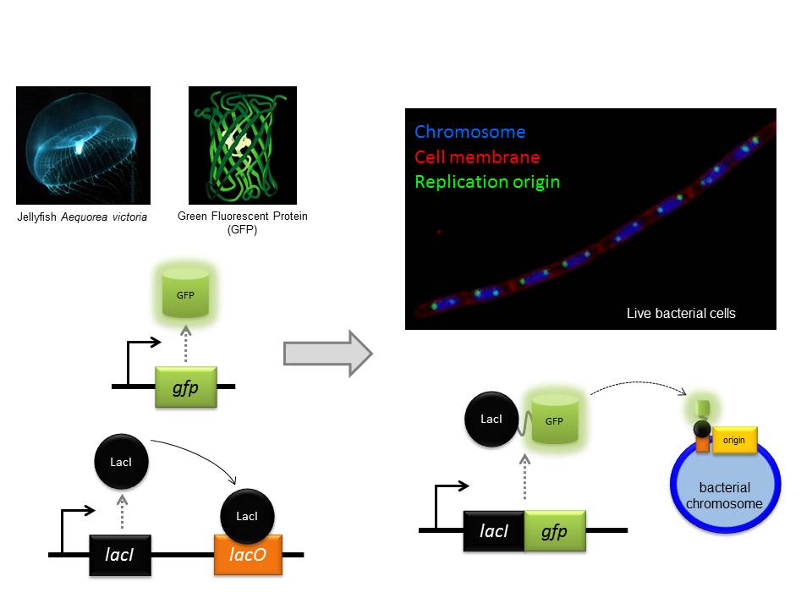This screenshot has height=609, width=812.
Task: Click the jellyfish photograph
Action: click(x=83, y=145)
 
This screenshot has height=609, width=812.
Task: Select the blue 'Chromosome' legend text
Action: click(x=469, y=132)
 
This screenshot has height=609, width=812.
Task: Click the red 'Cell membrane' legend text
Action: click(x=477, y=156)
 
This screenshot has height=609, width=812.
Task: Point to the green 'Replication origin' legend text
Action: click(x=486, y=181)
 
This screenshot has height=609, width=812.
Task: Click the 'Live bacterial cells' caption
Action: click(x=681, y=313)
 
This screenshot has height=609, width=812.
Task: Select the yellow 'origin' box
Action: click(x=734, y=440)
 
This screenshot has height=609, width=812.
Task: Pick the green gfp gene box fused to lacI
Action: click(x=555, y=530)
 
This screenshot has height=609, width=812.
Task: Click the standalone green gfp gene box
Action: click(x=186, y=387)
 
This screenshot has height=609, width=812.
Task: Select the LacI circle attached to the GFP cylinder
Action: click(x=491, y=419)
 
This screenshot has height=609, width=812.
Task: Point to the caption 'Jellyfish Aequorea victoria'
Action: click(x=82, y=217)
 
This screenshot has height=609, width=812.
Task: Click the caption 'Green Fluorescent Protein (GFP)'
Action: click(x=243, y=222)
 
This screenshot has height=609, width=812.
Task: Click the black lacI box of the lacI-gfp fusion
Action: click(x=494, y=530)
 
